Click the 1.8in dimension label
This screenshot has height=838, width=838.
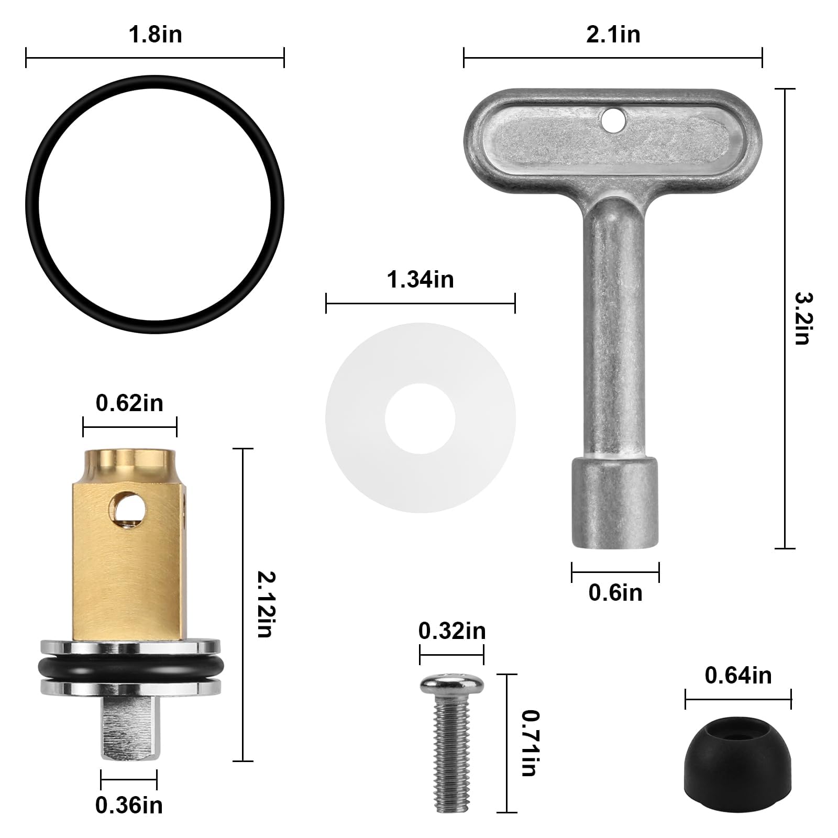pyautogui.click(x=155, y=35)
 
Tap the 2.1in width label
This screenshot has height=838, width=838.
pyautogui.click(x=613, y=35)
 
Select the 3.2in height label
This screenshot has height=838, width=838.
pyautogui.click(x=802, y=318)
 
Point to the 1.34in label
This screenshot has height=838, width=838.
pyautogui.click(x=420, y=280)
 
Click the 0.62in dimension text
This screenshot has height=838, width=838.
pyautogui.click(x=129, y=403)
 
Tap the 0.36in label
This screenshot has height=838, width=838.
pyautogui.click(x=129, y=806)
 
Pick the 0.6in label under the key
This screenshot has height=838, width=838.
pyautogui.click(x=615, y=593)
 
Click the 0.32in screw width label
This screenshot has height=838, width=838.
pyautogui.click(x=452, y=631)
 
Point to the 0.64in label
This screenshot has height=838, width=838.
pyautogui.click(x=738, y=676)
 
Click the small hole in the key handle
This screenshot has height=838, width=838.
pyautogui.click(x=613, y=120)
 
